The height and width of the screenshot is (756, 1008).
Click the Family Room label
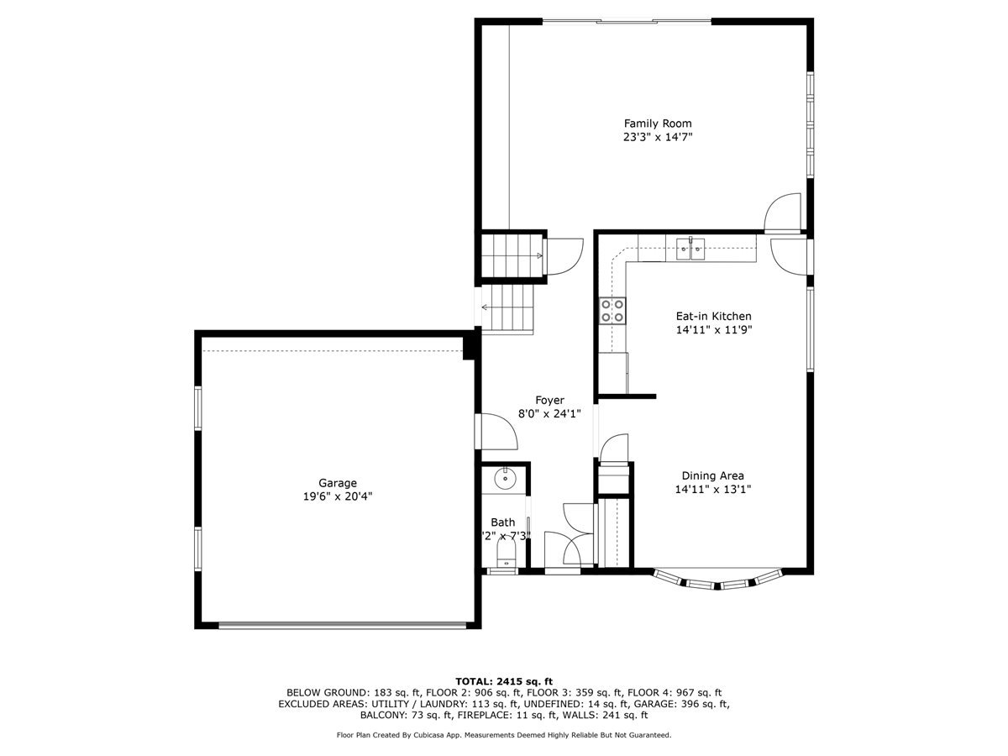657,123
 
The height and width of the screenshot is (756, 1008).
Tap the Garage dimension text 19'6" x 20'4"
338,496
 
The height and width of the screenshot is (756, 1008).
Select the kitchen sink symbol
691,248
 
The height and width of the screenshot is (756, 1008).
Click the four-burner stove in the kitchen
612,311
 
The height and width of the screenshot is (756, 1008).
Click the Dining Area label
712,475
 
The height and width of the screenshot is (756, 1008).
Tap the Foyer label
550,400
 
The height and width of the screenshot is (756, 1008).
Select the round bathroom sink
504,479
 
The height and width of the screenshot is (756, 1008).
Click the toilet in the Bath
505,554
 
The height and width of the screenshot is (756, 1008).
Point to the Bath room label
503,522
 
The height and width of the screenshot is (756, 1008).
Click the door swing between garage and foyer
497,432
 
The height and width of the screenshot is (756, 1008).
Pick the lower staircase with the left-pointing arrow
507,308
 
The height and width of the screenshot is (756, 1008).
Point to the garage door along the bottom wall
342,625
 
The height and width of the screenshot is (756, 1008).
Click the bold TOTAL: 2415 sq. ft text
504,680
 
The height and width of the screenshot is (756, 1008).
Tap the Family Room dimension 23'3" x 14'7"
657,137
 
